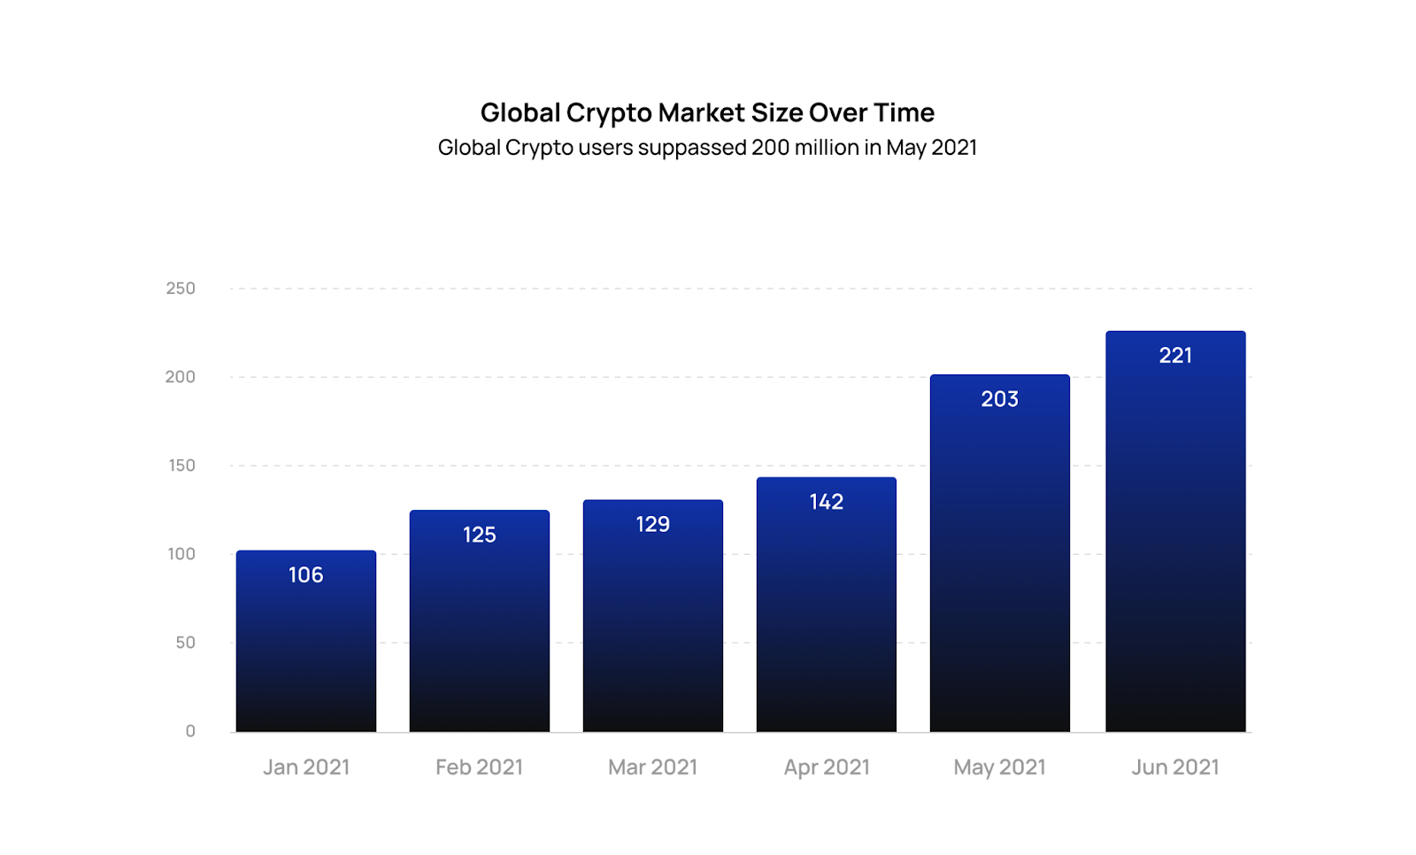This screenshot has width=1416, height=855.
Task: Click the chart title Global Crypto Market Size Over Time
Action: (x=707, y=112)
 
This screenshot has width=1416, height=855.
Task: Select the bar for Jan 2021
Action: (x=306, y=655)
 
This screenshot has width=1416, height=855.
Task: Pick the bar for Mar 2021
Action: (x=653, y=628)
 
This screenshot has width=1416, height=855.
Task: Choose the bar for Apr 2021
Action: (x=827, y=620)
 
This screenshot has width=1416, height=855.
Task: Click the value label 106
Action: (x=306, y=575)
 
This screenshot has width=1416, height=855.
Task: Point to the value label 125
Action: (x=480, y=535)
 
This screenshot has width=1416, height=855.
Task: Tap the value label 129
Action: (x=653, y=524)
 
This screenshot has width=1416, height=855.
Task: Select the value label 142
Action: (x=827, y=502)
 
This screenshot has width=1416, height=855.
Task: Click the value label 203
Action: (x=1000, y=399)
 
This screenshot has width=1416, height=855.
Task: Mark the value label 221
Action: (x=1175, y=356)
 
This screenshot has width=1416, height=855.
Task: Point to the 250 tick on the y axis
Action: (x=181, y=289)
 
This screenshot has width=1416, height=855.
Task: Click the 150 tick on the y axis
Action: (x=181, y=466)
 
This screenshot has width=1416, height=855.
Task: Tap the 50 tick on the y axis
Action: (x=185, y=643)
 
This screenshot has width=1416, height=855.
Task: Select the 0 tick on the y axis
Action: (x=190, y=731)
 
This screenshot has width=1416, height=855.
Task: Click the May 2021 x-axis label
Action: (x=1000, y=767)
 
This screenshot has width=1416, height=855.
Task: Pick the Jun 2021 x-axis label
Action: (x=1175, y=767)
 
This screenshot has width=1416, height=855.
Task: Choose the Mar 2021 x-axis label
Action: (x=653, y=767)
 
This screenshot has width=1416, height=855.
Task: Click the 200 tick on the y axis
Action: (x=181, y=377)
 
